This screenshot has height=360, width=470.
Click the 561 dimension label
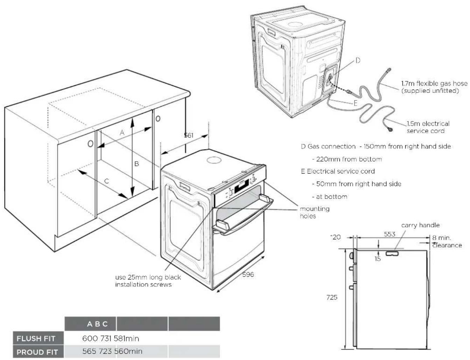coord(188,135)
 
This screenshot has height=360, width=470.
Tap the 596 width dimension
coord(248,274)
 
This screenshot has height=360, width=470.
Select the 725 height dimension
coord(332,297)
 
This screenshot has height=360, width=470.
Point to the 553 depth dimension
coord(390,234)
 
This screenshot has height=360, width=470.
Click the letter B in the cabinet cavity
coord(136,164)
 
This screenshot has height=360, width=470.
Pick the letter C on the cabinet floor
coord(106,181)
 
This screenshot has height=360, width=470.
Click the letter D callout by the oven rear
coord(358,61)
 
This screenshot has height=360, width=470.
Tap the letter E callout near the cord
coord(355,103)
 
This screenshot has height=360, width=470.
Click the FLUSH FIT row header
coord(36,338)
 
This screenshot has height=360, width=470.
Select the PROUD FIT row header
coord(37,352)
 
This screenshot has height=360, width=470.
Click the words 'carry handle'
coord(420,225)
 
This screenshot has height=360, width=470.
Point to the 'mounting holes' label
coord(315,212)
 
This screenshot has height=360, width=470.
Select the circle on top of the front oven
coord(214,160)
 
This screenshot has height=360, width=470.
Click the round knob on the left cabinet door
coord(90,143)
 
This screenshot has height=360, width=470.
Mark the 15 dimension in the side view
coord(377,259)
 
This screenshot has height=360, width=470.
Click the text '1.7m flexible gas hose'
coord(434,84)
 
